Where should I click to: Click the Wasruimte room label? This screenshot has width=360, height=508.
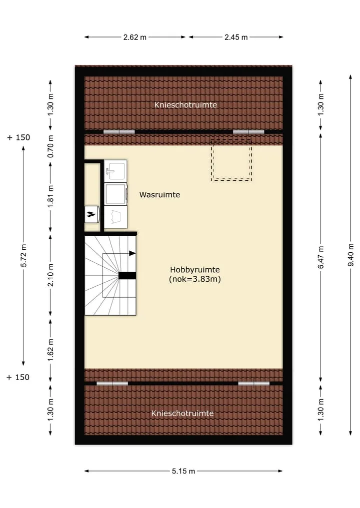pyautogui.click(x=159, y=195)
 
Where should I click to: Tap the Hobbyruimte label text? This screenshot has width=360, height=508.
pyautogui.click(x=195, y=270)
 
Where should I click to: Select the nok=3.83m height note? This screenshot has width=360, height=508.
pyautogui.click(x=195, y=279)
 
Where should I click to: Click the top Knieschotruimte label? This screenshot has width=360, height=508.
pyautogui.click(x=185, y=105)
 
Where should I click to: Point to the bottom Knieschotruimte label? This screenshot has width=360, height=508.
pyautogui.click(x=182, y=414)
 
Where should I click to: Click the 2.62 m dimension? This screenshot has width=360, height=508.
pyautogui.click(x=135, y=37)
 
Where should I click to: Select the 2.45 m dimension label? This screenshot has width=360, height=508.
pyautogui.click(x=236, y=37)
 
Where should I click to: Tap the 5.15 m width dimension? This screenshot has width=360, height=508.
pyautogui.click(x=183, y=471)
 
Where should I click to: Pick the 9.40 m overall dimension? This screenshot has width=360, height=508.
pyautogui.click(x=350, y=255)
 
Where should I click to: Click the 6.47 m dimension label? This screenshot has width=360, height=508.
pyautogui.click(x=321, y=257)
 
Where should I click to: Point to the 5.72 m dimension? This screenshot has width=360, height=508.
pyautogui.click(x=23, y=256)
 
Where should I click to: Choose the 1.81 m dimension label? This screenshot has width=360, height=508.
pyautogui.click(x=50, y=197)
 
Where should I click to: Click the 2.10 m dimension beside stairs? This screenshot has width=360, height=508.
pyautogui.click(x=50, y=275)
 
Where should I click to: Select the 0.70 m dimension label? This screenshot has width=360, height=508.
pyautogui.click(x=50, y=146)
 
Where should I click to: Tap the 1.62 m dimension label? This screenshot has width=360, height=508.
pyautogui.click(x=50, y=351)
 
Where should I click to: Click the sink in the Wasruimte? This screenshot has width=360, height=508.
pyautogui.click(x=115, y=170)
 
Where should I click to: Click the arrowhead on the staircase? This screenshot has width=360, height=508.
pyautogui.click(x=132, y=253)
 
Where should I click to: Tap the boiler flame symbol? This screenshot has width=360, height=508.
pyautogui.click(x=91, y=214)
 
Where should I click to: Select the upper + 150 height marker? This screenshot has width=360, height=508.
pyautogui.click(x=18, y=137)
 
